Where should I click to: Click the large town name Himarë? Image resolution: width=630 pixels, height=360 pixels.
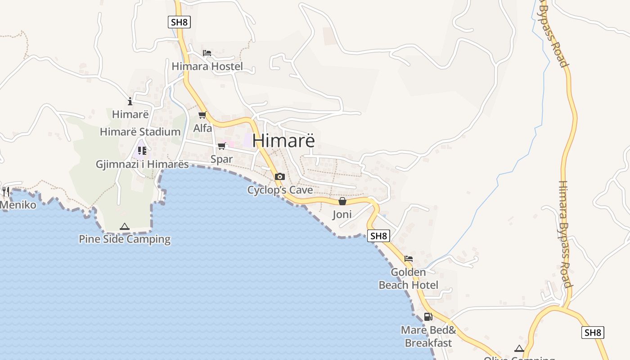[x=283, y=140]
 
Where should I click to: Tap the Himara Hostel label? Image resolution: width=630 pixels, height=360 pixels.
[x=207, y=67]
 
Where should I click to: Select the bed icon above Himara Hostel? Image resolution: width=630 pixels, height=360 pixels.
[x=207, y=53]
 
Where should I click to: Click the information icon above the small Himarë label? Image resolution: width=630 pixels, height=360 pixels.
[x=130, y=101]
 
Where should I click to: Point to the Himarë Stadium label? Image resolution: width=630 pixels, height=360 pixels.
[x=140, y=132]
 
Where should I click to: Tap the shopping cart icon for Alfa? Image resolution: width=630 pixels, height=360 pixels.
[x=202, y=115]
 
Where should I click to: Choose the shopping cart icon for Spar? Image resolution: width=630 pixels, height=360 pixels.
[x=221, y=146]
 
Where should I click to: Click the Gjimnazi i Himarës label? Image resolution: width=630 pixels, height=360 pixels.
[x=142, y=164]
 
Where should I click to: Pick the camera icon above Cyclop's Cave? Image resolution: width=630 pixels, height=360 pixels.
[x=279, y=176]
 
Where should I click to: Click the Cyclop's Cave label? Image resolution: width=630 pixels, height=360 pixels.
[x=280, y=190]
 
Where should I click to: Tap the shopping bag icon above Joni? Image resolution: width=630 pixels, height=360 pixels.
[x=342, y=201]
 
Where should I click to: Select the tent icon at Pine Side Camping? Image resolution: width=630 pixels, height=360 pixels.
[x=125, y=227]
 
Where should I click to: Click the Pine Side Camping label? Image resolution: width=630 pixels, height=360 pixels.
[x=125, y=239]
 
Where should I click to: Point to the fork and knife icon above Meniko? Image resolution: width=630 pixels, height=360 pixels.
[x=6, y=192]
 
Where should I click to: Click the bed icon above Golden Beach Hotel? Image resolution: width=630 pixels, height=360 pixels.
[x=409, y=259]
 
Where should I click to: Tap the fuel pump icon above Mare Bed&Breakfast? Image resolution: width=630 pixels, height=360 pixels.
[x=428, y=317]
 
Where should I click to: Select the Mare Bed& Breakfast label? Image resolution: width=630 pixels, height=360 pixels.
[x=428, y=337]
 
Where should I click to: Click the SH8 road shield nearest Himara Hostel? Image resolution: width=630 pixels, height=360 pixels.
[x=179, y=22]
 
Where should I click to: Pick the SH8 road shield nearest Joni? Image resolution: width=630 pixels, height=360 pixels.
[x=378, y=236]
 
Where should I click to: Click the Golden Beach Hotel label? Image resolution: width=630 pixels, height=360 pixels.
[x=408, y=279]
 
